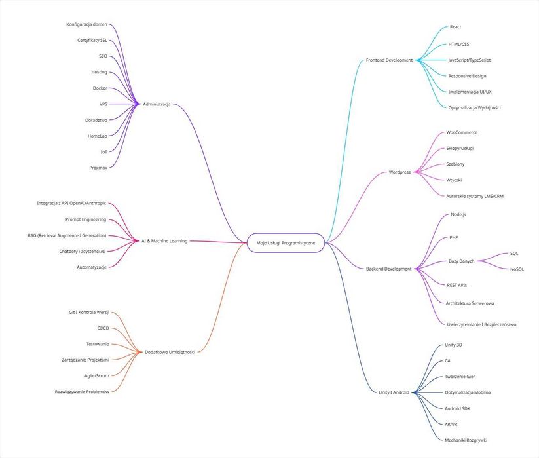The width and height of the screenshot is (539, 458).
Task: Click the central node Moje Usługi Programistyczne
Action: pyautogui.click(x=286, y=243)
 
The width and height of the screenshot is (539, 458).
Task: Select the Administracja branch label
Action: pyautogui.click(x=157, y=104)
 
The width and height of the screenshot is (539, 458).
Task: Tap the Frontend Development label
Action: pyautogui.click(x=389, y=60)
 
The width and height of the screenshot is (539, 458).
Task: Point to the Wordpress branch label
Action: pyautogui.click(x=400, y=172)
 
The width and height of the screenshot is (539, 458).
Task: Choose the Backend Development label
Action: pyautogui.click(x=389, y=269)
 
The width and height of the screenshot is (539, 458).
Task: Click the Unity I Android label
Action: pyautogui.click(x=394, y=392)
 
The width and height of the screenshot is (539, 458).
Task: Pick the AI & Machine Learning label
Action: pyautogui.click(x=164, y=241)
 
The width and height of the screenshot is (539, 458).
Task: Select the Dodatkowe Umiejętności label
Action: pyautogui.click(x=170, y=352)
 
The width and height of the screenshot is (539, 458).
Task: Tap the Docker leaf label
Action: pyautogui.click(x=100, y=88)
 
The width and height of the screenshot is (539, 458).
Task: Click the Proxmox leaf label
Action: pyautogui.click(x=98, y=168)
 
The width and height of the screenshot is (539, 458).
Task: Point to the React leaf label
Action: pyautogui.click(x=455, y=27)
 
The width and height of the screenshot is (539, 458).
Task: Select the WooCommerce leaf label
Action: pyautogui.click(x=462, y=132)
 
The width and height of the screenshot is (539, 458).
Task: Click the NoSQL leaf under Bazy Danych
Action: pyautogui.click(x=517, y=269)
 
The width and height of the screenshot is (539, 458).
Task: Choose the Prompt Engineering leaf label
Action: pyautogui.click(x=86, y=219)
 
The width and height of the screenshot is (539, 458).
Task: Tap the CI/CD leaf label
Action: pyautogui.click(x=103, y=328)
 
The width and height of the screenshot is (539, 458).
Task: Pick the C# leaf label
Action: pyautogui.click(x=447, y=360)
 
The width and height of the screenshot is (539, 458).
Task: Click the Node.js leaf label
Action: pyautogui.click(x=458, y=214)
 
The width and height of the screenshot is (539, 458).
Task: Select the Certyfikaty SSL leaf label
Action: pyautogui.click(x=92, y=40)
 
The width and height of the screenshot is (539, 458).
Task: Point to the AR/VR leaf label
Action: pyautogui.click(x=451, y=425)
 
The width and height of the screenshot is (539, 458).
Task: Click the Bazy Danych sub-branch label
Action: pyautogui.click(x=461, y=261)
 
